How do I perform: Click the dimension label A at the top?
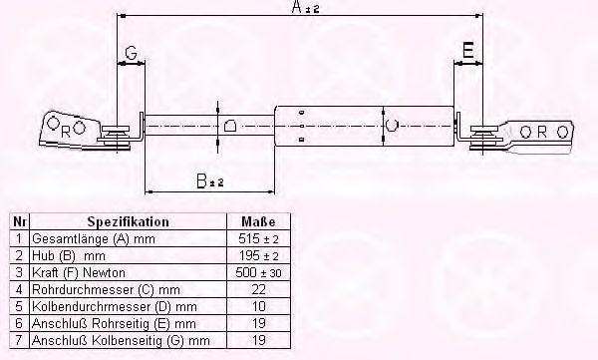[x=297, y=7]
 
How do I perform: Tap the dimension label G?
[x=131, y=53]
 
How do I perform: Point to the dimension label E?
[x=468, y=50]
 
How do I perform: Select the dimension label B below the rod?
[x=201, y=180]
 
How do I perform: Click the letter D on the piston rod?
[x=230, y=126]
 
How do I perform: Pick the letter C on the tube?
[x=392, y=125]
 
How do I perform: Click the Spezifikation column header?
[x=129, y=221]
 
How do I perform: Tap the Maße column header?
[x=258, y=221]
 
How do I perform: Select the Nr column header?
[x=20, y=221]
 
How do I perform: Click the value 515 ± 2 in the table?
[x=258, y=239]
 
